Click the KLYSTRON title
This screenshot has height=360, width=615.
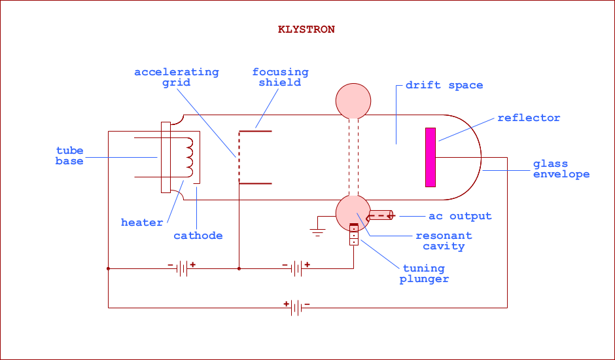306,29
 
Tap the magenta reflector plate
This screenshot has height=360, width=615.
430,157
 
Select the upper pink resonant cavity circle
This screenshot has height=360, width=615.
353,100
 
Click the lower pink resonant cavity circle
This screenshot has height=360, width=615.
353,212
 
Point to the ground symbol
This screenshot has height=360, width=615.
318,230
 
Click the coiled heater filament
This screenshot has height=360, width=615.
190,157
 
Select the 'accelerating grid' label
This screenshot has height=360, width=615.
177,77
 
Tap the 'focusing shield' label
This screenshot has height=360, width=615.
280,77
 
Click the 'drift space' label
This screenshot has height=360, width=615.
444,85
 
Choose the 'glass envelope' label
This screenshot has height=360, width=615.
561,169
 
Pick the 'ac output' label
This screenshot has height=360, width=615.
460,216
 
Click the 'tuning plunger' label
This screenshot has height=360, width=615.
424,274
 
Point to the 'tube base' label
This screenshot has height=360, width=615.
69,156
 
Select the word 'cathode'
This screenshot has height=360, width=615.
198,236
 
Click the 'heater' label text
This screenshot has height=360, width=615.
142,223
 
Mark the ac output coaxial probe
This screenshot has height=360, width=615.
380,214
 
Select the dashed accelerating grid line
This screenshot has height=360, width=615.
239,157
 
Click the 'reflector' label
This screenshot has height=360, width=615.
529,118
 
